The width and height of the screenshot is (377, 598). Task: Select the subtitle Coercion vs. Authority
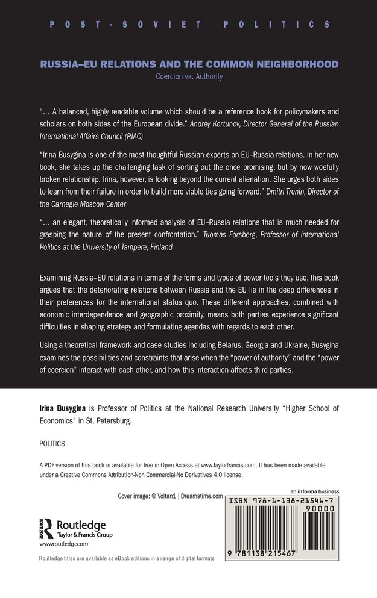coord(188,77)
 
